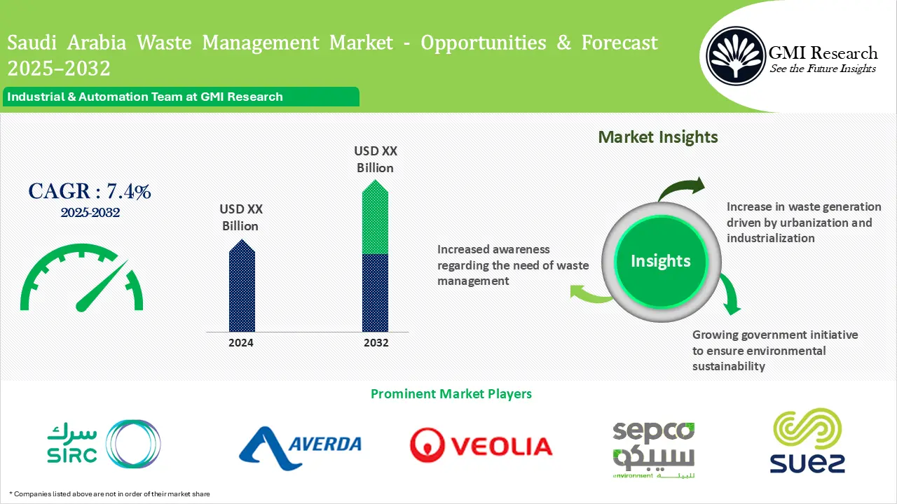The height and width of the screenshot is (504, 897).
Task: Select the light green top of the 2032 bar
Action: click(x=375, y=220)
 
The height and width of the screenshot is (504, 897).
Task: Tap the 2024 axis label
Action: click(x=241, y=343)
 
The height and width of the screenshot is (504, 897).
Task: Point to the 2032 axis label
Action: click(x=376, y=343)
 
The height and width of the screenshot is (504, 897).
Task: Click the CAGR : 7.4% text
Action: click(x=90, y=191)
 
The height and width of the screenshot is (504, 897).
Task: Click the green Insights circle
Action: click(x=660, y=261)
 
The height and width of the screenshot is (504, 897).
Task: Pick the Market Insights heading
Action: click(x=658, y=137)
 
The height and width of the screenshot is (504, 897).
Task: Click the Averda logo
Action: click(x=300, y=446)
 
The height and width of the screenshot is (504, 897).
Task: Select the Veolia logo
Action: click(x=481, y=446)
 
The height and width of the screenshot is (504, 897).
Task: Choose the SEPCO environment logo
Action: click(x=653, y=448)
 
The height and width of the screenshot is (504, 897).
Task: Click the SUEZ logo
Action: click(x=807, y=442)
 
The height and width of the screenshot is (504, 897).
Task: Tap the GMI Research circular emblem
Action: click(x=735, y=55)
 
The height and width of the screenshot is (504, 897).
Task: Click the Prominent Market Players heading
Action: click(x=451, y=394)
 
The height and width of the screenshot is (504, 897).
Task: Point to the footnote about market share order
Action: click(x=111, y=494)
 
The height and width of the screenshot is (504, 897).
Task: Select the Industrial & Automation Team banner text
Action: click(x=145, y=97)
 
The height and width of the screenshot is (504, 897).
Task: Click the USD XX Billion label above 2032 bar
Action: click(x=375, y=160)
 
